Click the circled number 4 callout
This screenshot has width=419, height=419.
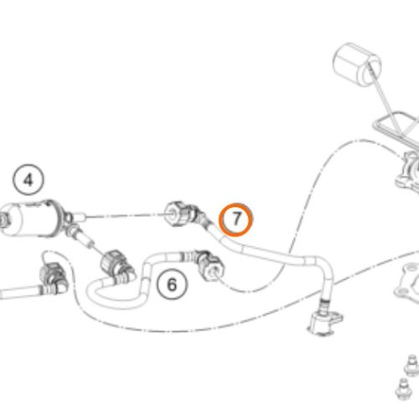coord(28,180)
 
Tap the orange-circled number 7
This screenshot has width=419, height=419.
coord(235,220)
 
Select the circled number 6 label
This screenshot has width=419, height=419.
coord(172,284)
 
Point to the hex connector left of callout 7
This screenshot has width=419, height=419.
coord(178,215)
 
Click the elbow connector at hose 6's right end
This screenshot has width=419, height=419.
coord(210,265)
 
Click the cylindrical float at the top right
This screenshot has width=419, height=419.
coord(357,64)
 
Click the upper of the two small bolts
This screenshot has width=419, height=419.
coord(411,364)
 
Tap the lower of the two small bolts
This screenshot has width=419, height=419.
coord(404,388)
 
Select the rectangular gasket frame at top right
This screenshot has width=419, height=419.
coord(397,127)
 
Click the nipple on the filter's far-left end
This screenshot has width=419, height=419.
coord(3,220)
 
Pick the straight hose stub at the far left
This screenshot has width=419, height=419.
coord(20,292)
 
